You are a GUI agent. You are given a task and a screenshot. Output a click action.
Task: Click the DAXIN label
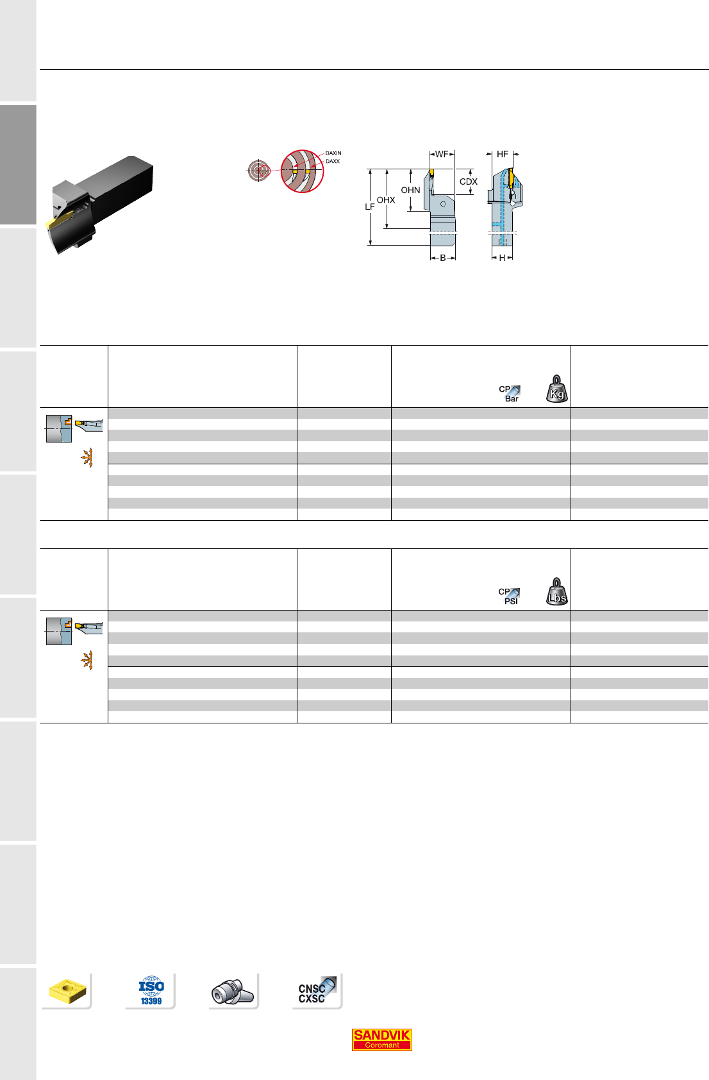pyautogui.click(x=333, y=153)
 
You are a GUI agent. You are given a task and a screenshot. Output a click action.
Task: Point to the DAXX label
pyautogui.click(x=333, y=162)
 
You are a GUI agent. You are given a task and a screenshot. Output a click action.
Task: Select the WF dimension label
pyautogui.click(x=442, y=155)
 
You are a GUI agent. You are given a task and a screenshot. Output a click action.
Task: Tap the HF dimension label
pyautogui.click(x=502, y=155)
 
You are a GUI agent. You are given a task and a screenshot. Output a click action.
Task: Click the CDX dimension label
pyautogui.click(x=469, y=181)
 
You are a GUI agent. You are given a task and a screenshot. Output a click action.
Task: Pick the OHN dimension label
pyautogui.click(x=411, y=190)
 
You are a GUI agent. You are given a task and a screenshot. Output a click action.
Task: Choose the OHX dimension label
pyautogui.click(x=386, y=200)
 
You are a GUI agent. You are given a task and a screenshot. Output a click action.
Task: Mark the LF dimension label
pyautogui.click(x=370, y=207)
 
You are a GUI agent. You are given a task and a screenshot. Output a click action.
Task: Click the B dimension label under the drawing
pyautogui.click(x=443, y=258)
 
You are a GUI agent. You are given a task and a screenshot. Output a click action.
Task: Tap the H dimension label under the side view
pyautogui.click(x=502, y=258)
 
